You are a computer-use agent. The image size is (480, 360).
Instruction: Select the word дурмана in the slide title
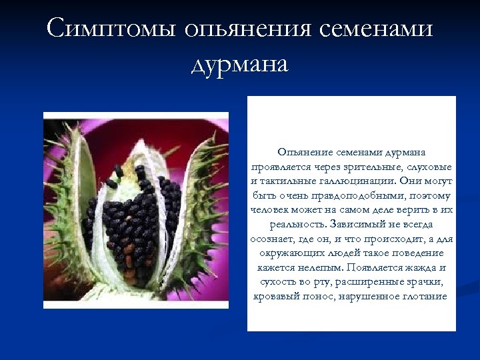point(239,65)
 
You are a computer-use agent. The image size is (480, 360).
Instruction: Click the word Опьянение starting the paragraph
point(300,153)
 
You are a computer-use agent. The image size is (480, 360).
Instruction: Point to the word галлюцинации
point(364,181)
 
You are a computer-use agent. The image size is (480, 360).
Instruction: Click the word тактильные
point(286,181)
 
